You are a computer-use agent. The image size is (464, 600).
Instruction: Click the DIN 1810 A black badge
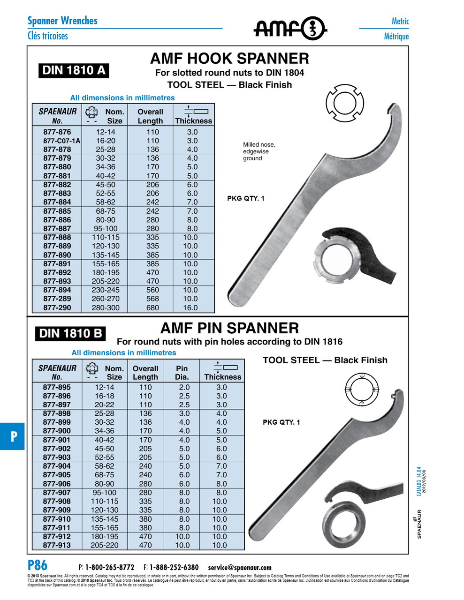[74, 70]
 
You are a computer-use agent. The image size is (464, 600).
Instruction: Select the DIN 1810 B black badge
[70, 334]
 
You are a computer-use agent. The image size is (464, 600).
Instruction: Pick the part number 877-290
[57, 308]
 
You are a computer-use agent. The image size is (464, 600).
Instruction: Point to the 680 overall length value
[152, 308]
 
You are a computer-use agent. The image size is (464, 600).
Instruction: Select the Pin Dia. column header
[182, 373]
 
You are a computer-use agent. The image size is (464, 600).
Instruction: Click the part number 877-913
[57, 545]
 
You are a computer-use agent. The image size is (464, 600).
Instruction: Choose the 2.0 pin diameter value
[184, 387]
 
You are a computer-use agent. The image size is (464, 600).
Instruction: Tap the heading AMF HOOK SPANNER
[229, 59]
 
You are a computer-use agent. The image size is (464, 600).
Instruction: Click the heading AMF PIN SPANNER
[229, 328]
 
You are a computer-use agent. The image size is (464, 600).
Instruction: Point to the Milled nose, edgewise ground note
[259, 151]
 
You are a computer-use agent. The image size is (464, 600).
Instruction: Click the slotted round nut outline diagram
[345, 104]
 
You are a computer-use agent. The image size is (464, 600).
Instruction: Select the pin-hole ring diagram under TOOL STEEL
[362, 389]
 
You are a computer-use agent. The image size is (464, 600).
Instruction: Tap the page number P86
[38, 565]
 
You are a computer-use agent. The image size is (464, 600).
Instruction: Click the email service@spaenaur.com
[240, 567]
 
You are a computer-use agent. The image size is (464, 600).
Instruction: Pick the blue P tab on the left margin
[13, 436]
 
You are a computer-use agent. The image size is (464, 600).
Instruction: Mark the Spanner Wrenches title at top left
[62, 21]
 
